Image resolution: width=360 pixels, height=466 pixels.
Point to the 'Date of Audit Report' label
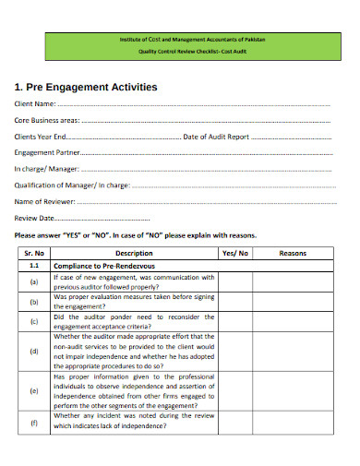[x=216, y=136]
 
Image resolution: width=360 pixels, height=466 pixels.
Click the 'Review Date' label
[x=35, y=218]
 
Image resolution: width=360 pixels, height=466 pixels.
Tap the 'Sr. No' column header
[x=34, y=252]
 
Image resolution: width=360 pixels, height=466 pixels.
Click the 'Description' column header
[x=134, y=252]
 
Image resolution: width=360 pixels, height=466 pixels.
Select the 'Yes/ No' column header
[x=235, y=252]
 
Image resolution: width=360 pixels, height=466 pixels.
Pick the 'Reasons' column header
[x=293, y=252]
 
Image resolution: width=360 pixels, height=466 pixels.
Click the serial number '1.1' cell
[x=34, y=266]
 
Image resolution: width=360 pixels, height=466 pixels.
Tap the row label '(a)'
[x=34, y=281]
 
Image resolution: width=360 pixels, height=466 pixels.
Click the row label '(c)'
[x=34, y=321]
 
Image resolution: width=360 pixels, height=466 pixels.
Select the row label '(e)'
[x=34, y=390]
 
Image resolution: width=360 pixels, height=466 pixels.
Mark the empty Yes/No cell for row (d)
[x=235, y=351]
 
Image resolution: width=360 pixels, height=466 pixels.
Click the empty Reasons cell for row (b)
[x=293, y=301]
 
